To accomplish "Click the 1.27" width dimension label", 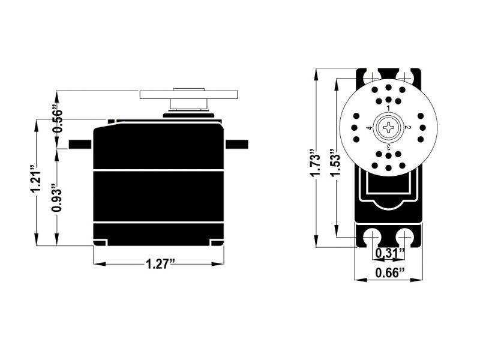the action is pyautogui.click(x=160, y=264).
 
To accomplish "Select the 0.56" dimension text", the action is pyautogui.click(x=57, y=118).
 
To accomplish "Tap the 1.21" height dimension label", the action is pyautogui.click(x=35, y=179).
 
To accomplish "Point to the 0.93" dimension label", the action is pyautogui.click(x=56, y=198).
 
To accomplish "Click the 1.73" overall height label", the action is pyautogui.click(x=315, y=163).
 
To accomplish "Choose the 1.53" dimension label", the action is pyautogui.click(x=335, y=163).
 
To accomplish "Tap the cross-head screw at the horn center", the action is pyautogui.click(x=388, y=128).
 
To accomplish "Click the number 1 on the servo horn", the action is pyautogui.click(x=388, y=109).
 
